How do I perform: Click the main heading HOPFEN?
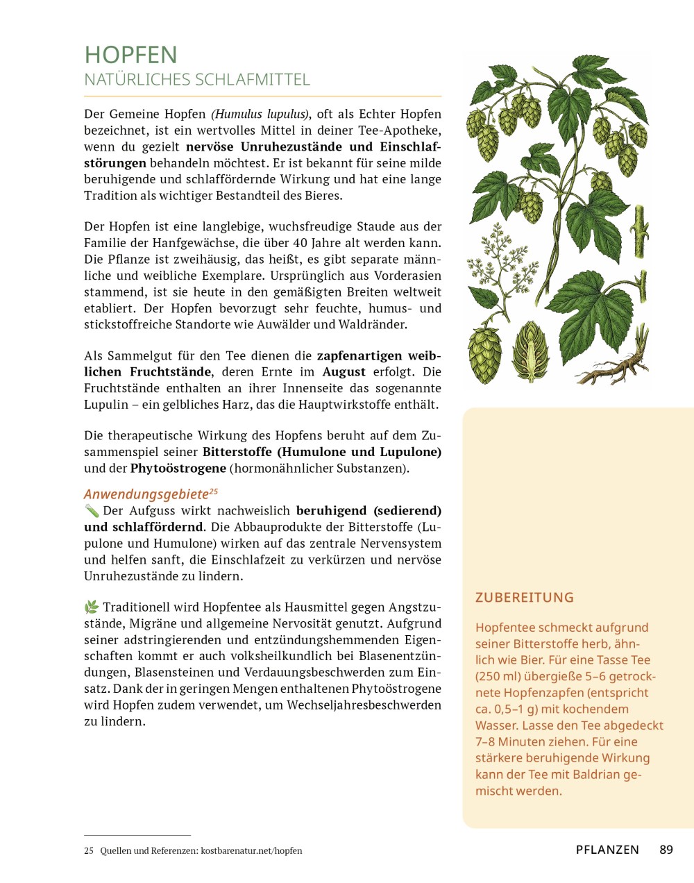point(130,55)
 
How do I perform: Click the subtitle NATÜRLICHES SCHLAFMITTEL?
point(197,80)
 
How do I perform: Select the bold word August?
point(344,372)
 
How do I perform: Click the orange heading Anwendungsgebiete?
point(146,494)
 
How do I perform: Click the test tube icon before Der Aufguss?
point(92,511)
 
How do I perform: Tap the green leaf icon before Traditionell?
point(92,607)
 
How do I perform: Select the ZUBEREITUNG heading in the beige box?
point(525,598)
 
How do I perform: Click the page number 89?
point(666,850)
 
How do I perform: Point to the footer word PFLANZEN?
point(607,850)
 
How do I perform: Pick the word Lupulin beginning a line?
point(106,405)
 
